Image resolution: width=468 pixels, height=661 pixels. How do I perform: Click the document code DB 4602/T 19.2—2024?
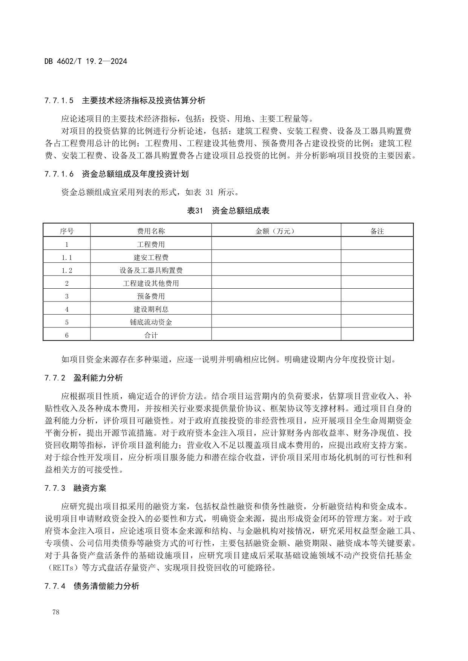[x=86, y=61]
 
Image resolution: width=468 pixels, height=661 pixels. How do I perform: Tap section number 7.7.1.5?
[x=58, y=101]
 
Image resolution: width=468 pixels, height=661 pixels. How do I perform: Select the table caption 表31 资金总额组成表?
[x=228, y=211]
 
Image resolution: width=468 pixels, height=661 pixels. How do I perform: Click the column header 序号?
[x=67, y=231]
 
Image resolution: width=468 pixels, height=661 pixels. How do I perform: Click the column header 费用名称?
[x=151, y=231]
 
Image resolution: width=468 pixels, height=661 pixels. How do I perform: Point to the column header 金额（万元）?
[x=276, y=231]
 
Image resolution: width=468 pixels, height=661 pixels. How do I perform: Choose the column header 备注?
[x=377, y=231]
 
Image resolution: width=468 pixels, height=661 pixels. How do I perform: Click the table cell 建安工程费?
[x=151, y=257]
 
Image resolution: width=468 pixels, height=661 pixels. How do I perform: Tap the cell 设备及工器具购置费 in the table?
[x=151, y=270]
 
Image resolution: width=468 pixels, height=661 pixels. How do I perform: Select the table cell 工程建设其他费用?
[x=151, y=283]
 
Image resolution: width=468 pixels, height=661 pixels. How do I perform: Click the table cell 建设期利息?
[x=151, y=309]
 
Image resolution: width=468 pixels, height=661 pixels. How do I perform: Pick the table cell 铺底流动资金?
[x=151, y=322]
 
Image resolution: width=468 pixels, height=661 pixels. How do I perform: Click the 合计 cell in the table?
[x=151, y=335]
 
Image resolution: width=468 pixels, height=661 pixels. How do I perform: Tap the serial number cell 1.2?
[x=67, y=270]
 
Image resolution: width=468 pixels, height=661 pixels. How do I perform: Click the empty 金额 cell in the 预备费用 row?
[x=276, y=296]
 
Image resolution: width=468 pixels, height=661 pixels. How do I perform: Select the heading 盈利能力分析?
[x=98, y=378]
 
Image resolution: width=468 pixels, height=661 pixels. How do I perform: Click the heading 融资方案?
[x=90, y=488]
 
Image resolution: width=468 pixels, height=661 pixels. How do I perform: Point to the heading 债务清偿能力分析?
[x=106, y=586]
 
